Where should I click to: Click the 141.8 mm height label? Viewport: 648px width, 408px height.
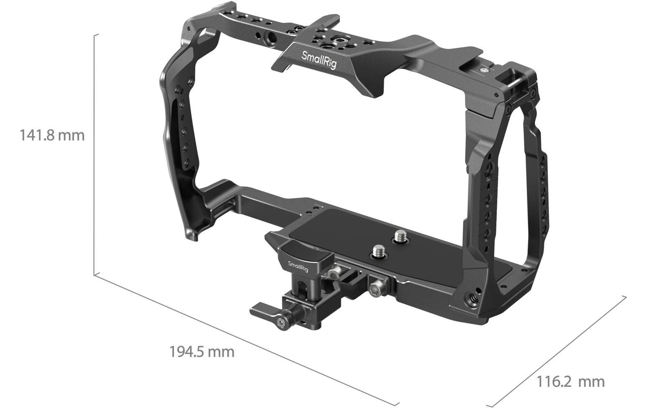coord(52,135)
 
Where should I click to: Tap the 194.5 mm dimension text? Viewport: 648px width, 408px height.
coord(202,352)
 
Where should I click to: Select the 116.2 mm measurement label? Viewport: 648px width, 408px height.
coord(570,381)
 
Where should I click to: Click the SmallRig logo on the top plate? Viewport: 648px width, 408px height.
coord(319,60)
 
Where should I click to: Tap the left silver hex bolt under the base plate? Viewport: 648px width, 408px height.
coord(334,274)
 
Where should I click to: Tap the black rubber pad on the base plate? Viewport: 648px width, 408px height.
coord(368,234)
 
